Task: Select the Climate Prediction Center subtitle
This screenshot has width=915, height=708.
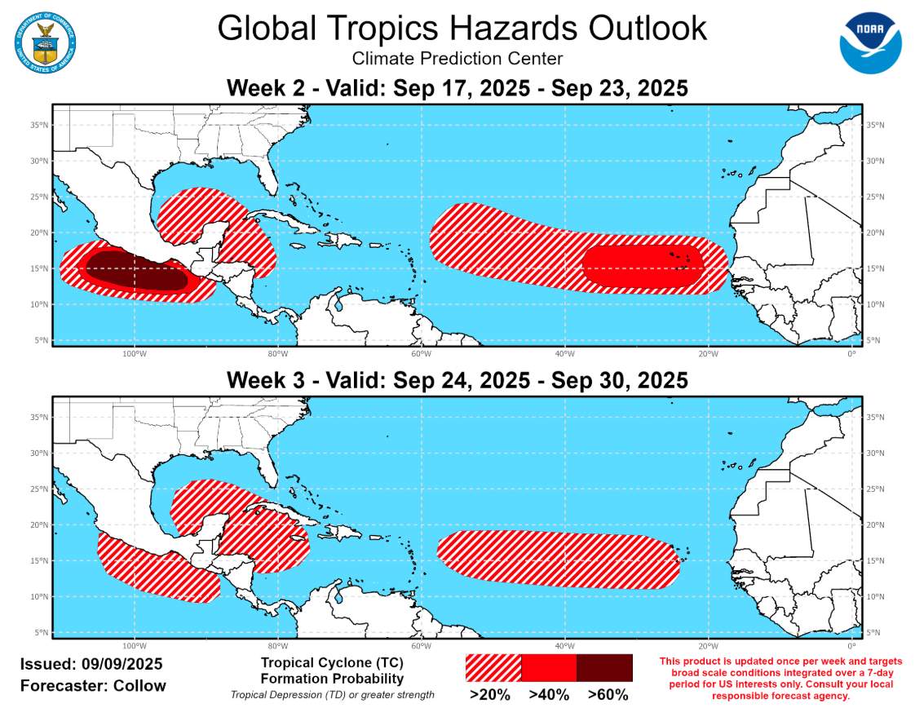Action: pyautogui.click(x=457, y=59)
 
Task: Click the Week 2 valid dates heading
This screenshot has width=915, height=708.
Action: pyautogui.click(x=457, y=88)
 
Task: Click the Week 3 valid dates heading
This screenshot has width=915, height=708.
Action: pyautogui.click(x=457, y=380)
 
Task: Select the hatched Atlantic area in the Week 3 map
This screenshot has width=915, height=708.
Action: pyautogui.click(x=559, y=559)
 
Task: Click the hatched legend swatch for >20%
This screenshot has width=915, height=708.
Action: pyautogui.click(x=493, y=667)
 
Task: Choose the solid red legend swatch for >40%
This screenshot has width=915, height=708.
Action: pyautogui.click(x=548, y=667)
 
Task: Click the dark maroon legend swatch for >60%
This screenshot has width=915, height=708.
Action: pyautogui.click(x=604, y=667)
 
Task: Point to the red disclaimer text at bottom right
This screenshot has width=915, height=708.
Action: pyautogui.click(x=780, y=679)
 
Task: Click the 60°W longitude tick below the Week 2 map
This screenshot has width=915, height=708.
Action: pyautogui.click(x=420, y=353)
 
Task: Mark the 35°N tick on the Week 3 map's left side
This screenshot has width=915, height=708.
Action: pyautogui.click(x=38, y=418)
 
